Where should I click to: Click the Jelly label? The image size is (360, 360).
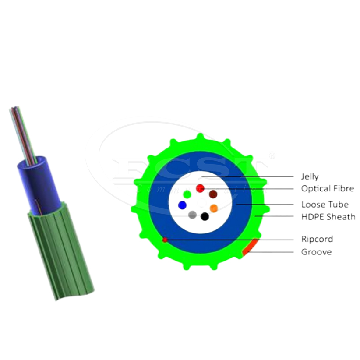pos(310,177)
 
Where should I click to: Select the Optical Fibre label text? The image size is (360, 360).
pos(327,189)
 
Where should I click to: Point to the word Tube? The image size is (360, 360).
pos(339,205)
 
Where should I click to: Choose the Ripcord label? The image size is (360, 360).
pos(317,239)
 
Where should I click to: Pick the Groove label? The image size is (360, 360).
pos(316,252)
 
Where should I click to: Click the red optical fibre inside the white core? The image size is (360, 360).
pos(200,188)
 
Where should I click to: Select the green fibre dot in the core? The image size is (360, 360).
pos(187,194)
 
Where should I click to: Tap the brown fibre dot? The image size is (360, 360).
pos(213,194)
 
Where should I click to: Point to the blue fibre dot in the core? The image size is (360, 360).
pos(182,205)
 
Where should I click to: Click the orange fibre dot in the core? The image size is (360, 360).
pos(214,208)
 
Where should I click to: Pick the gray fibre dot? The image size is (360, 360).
pos(192,215)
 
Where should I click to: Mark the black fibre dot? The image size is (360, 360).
pos(205,216)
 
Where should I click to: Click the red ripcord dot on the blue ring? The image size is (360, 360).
pos(165,240)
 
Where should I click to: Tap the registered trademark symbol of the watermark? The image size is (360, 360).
pos(272,155)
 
